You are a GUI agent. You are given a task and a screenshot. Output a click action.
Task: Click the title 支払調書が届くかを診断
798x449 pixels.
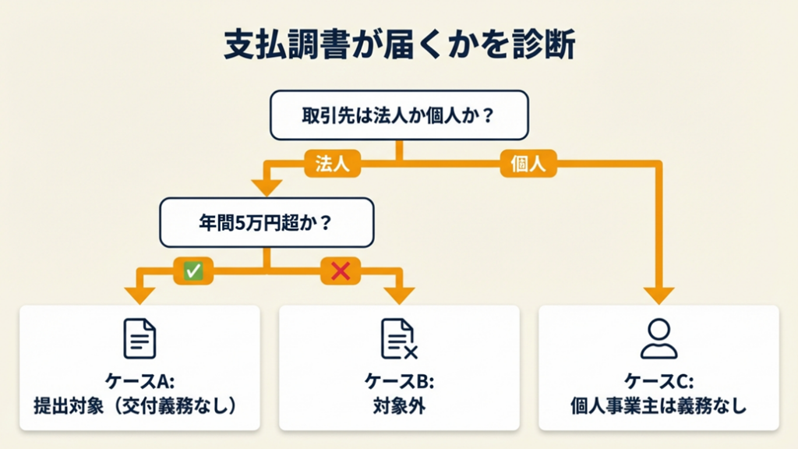click(x=399, y=46)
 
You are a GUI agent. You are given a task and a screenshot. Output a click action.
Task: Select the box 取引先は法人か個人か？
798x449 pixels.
click(x=399, y=115)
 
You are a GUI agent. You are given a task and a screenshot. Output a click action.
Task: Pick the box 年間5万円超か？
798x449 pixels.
click(x=267, y=221)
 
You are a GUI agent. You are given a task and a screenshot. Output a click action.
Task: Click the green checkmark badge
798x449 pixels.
click(x=192, y=270)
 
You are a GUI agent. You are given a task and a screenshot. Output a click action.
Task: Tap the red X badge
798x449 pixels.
click(x=341, y=270)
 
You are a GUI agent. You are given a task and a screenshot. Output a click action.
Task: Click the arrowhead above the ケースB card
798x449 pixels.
click(x=400, y=294)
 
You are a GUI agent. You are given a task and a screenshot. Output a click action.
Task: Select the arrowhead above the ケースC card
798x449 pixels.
click(x=659, y=294)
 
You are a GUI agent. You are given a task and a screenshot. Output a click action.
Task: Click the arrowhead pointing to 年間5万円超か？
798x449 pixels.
click(x=267, y=187)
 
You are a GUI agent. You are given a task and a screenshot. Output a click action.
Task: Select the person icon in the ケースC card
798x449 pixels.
click(x=659, y=338)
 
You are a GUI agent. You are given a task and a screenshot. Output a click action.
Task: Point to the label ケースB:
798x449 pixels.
click(x=399, y=382)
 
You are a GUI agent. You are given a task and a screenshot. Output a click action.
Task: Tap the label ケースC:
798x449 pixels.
click(x=659, y=382)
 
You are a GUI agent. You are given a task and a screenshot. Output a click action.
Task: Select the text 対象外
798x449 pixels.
click(x=399, y=406)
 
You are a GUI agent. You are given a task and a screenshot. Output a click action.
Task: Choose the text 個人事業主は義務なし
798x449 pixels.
click(x=659, y=406)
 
